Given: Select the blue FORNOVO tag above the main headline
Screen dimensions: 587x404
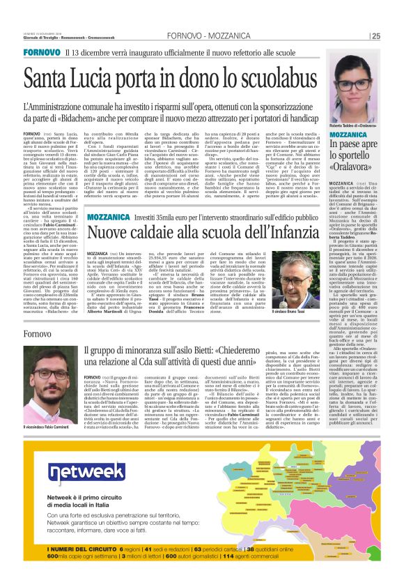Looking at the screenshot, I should (41, 53).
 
